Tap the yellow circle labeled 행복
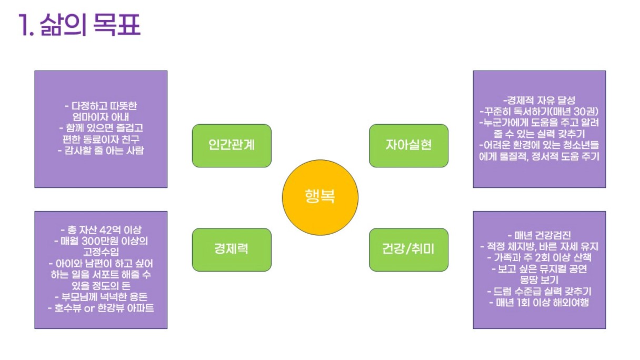(320, 197)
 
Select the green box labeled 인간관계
(232, 145)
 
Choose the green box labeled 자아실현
(408, 145)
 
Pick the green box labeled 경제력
(232, 249)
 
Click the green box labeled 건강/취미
(408, 249)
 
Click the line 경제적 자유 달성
(539, 100)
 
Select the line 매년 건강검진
(539, 235)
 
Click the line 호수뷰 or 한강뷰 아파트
(101, 308)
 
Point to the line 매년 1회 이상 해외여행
(539, 303)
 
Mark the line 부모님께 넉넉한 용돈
(101, 297)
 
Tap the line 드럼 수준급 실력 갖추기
(539, 292)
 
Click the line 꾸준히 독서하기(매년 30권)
(539, 111)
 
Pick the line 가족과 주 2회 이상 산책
(539, 257)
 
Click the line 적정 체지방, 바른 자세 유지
(539, 246)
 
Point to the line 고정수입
(101, 252)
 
